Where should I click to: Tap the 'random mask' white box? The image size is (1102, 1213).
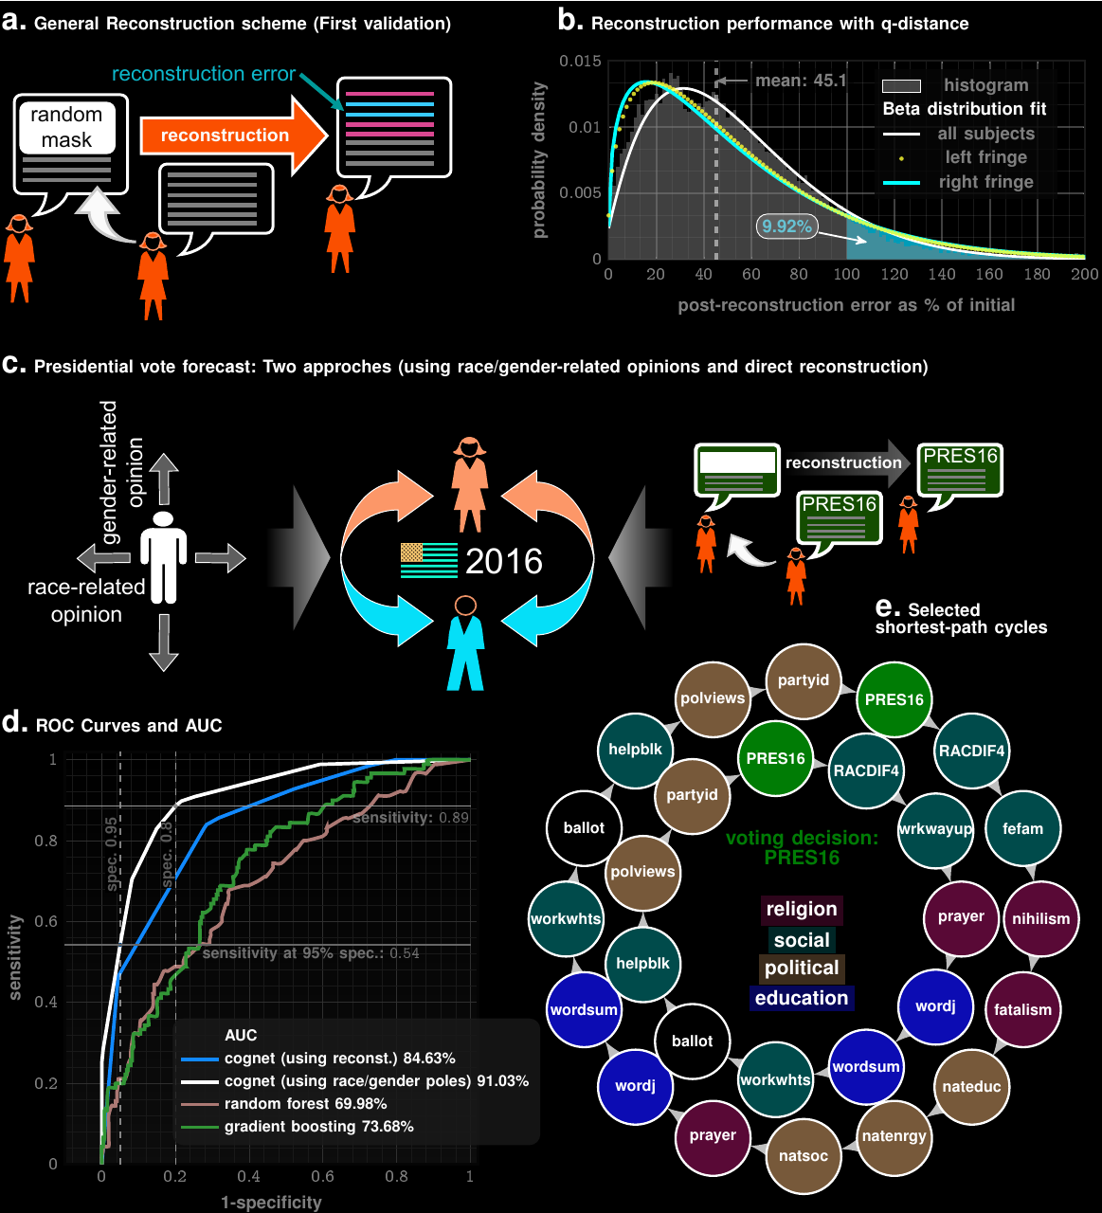66,127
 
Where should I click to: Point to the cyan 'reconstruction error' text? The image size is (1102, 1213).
204,74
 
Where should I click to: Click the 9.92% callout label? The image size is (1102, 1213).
786,226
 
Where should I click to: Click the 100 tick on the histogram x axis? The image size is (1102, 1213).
846,275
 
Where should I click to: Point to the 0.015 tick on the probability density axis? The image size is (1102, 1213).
580,62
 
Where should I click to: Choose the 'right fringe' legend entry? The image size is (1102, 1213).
985,182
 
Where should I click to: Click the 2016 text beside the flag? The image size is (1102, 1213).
504,562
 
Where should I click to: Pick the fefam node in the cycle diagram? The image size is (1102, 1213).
1022,829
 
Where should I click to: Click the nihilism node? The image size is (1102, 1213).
1040,919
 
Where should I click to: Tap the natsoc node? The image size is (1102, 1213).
803,1156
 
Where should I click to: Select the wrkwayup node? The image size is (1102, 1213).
935,829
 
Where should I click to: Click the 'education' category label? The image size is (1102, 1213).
802,998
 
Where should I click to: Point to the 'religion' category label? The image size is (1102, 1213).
802,910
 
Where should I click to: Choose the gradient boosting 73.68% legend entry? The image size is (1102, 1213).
318,1127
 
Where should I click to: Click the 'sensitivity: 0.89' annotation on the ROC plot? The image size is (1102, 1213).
410,818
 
